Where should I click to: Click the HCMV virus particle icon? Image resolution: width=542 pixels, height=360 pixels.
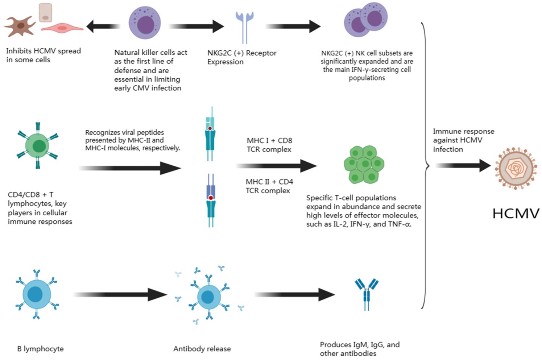pos(516,168)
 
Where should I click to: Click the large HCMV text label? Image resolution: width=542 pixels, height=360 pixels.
pos(516,214)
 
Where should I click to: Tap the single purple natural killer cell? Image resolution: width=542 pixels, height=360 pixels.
pos(145,23)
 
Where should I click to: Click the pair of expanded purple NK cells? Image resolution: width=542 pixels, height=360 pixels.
pos(365,20)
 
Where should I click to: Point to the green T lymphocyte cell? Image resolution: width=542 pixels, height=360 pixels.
pos(38,146)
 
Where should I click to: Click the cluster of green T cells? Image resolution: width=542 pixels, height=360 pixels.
pos(364,164)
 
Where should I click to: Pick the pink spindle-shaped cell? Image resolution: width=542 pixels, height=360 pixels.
pos(63,28)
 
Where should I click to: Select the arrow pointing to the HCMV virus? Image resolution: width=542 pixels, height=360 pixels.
pos(463,165)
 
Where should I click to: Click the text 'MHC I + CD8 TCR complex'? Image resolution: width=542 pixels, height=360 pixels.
pos(269,145)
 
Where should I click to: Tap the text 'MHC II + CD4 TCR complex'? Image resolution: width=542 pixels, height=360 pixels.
pos(269,186)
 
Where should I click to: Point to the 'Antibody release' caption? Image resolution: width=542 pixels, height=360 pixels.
pos(202,349)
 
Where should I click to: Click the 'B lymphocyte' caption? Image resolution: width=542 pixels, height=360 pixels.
pos(40,349)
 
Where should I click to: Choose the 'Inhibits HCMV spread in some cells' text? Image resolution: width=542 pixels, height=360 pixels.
pos(43,55)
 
